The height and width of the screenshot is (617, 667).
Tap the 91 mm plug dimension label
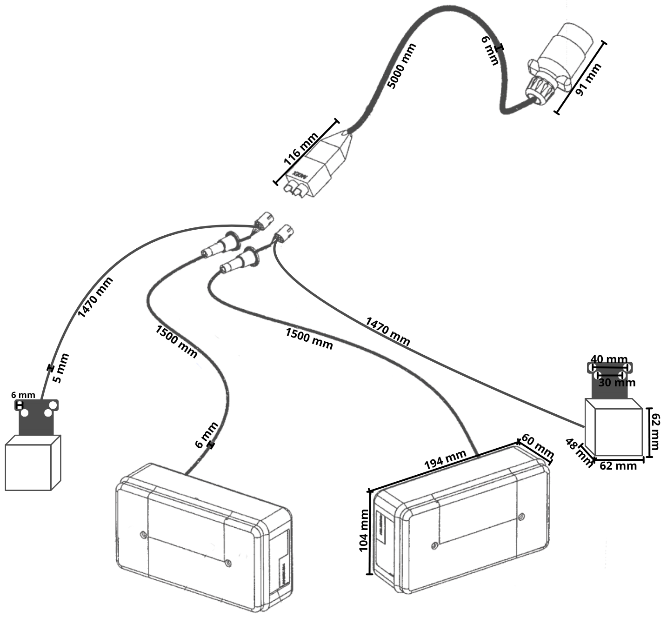[x=588, y=80]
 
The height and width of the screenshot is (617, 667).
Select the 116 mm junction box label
[x=301, y=150]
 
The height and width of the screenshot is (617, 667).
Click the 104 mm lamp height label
[x=364, y=531]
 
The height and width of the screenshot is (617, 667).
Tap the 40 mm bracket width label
[x=609, y=359]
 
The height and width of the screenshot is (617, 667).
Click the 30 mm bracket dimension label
[x=616, y=383]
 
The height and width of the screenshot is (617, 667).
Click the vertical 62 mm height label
[x=654, y=431]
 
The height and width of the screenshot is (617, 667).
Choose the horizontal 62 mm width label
[x=618, y=465]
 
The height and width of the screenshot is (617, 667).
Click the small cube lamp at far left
[x=32, y=463]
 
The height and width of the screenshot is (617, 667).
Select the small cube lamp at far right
[x=613, y=427]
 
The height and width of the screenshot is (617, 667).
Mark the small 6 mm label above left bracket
[x=23, y=395]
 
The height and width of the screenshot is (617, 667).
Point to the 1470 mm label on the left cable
[x=95, y=298]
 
